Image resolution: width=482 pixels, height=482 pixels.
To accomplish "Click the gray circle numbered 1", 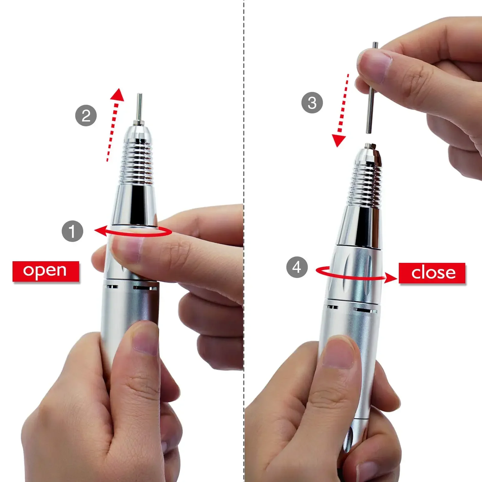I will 72,231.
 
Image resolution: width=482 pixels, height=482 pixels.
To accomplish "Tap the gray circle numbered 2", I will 86,115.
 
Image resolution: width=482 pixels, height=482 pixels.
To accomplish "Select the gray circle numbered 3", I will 312,103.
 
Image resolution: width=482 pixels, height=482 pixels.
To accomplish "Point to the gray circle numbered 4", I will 297,267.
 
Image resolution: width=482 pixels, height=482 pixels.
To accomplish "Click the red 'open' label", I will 45,271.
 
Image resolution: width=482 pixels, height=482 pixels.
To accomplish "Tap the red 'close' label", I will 432,273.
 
